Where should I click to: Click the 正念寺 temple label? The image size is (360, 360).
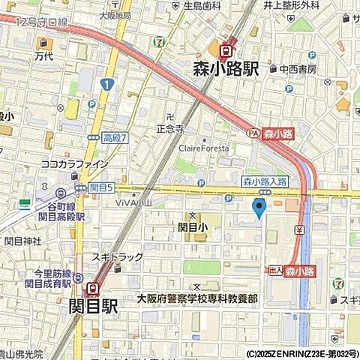[x=169, y=128]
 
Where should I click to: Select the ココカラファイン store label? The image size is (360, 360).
[x=74, y=163]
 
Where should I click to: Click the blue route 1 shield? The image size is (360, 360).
[x=109, y=85]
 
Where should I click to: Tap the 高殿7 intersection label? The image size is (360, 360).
[x=115, y=137]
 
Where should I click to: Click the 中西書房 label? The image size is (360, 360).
[x=298, y=69]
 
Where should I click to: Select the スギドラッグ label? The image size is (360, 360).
[x=118, y=257]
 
